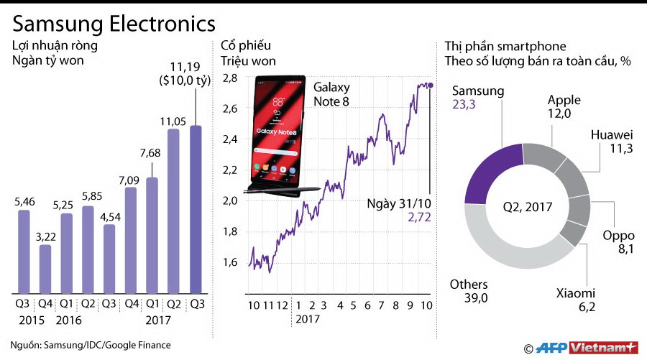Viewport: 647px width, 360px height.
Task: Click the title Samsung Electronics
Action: point(114,24)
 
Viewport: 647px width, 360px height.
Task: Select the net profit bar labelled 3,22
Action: point(45,269)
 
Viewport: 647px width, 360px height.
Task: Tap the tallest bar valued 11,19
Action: point(196,208)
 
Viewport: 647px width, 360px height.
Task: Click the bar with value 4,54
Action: point(110,259)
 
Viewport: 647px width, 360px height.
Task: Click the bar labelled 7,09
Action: point(132,239)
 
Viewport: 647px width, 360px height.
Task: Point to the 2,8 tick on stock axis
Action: point(230,78)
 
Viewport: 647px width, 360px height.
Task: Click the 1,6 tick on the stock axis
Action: point(230,262)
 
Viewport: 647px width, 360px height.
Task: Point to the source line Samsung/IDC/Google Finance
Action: point(91,345)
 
